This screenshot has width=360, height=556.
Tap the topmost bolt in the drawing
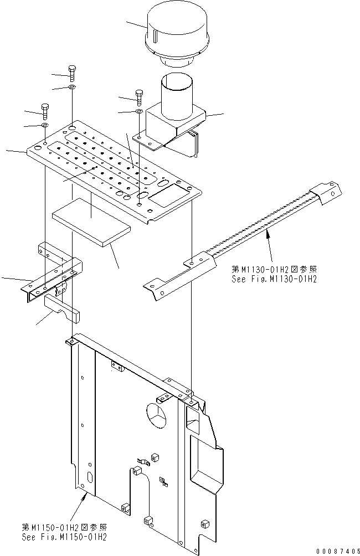pyautogui.click(x=73, y=72)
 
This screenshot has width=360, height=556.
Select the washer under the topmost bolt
pyautogui.click(x=73, y=87)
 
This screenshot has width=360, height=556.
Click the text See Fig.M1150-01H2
pyautogui.click(x=64, y=536)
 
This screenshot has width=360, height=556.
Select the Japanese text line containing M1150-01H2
pyautogui.click(x=64, y=527)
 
